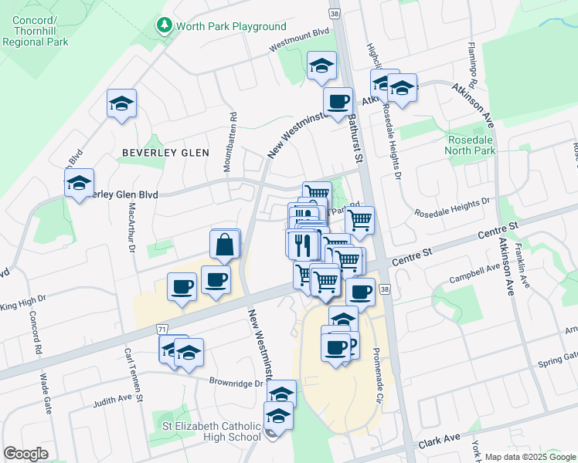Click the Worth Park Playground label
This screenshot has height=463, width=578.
[x=231, y=26]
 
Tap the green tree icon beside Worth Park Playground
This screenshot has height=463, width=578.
[x=164, y=26]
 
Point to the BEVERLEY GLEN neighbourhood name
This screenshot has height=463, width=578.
[x=165, y=153]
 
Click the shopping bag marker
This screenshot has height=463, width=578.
[x=223, y=245]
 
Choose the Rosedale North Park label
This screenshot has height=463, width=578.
[x=471, y=146]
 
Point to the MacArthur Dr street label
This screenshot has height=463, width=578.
[x=131, y=229]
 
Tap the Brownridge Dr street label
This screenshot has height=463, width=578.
[x=236, y=382]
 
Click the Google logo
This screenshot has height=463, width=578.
[x=25, y=454]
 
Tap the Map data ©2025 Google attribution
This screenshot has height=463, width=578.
[x=529, y=457]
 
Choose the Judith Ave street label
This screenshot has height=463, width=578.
[x=112, y=400]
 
